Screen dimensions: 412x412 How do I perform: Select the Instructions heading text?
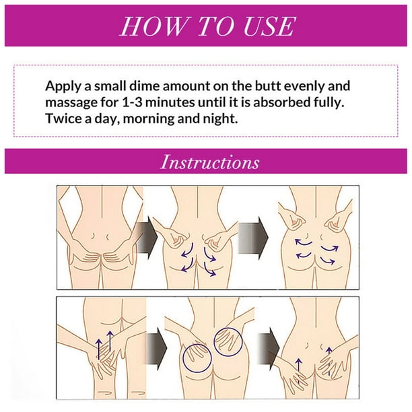pos(210,162)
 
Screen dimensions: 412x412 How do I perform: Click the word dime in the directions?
pos(144,86)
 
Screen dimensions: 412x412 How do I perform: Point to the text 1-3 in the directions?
pos(132,102)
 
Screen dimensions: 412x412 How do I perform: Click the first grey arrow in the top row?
pos(147,238)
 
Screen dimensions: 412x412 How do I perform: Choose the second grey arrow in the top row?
pos(252,238)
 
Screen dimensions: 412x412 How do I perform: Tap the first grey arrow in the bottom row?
pos(157,349)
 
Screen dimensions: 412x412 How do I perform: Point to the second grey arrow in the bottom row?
pos(269,349)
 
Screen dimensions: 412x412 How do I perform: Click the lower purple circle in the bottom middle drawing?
pos(197,358)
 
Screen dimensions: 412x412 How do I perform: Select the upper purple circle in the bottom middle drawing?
pos(228,342)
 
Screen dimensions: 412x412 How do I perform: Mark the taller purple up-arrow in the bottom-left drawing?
pos(110,341)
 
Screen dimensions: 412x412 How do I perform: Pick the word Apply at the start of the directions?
pos(63,87)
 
